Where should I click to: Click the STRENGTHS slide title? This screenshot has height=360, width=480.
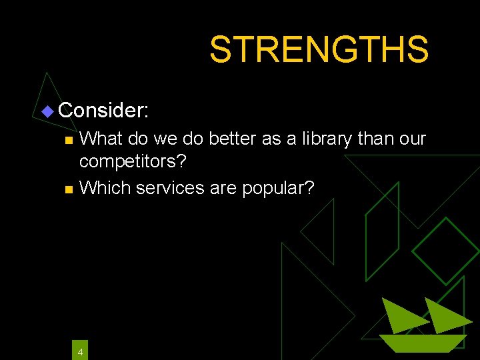click(x=319, y=49)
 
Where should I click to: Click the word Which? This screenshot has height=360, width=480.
click(x=105, y=188)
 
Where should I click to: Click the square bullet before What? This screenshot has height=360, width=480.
click(x=67, y=141)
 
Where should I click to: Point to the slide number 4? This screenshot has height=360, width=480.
click(x=80, y=351)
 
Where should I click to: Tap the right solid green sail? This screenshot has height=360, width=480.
click(x=445, y=315)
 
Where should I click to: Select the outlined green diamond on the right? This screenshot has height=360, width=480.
click(x=445, y=251)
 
